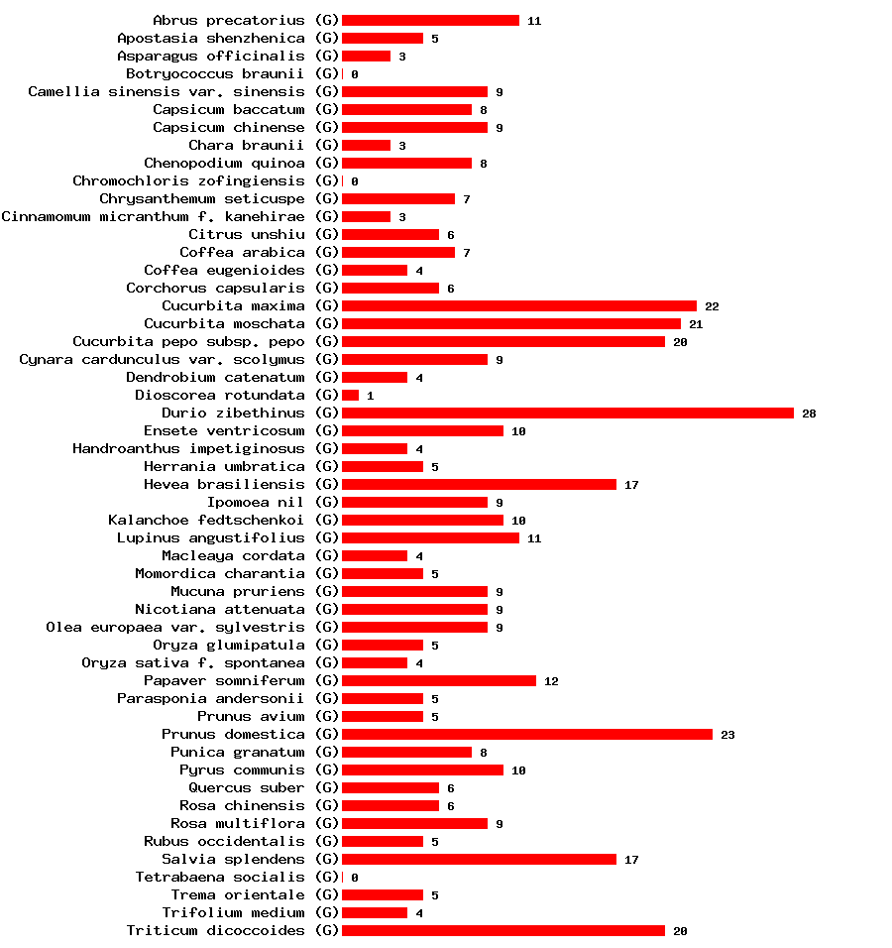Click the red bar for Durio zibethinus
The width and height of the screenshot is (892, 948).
pos(567,413)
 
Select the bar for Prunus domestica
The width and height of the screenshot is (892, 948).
pos(526,734)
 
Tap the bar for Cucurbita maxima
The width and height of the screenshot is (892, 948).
pos(518,305)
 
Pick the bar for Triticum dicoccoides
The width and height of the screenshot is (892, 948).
pos(502,930)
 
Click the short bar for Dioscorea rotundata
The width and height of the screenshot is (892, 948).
pos(350,395)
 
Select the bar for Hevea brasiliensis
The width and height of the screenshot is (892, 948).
pos(479,484)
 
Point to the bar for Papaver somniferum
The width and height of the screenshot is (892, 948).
pos(438,680)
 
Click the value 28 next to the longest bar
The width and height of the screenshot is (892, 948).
pos(809,414)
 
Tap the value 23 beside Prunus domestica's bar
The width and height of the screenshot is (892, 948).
pos(727,735)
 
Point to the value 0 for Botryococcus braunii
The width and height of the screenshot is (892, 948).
pos(354,74)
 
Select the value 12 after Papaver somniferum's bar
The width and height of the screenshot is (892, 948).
pos(551,681)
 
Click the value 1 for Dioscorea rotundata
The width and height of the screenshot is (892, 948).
pos(370,396)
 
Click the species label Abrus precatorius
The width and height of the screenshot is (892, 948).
pos(229,20)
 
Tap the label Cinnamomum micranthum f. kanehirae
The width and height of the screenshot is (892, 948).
pos(153,216)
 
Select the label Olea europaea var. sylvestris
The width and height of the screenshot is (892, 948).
pos(175,627)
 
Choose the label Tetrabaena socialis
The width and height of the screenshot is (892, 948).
pos(220,877)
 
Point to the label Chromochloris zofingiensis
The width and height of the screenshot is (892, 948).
pos(188,180)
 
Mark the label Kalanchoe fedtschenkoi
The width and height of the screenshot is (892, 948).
pos(206,520)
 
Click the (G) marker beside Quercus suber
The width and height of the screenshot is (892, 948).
pos(327,787)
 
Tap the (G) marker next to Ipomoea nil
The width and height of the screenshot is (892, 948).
pos(327,502)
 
